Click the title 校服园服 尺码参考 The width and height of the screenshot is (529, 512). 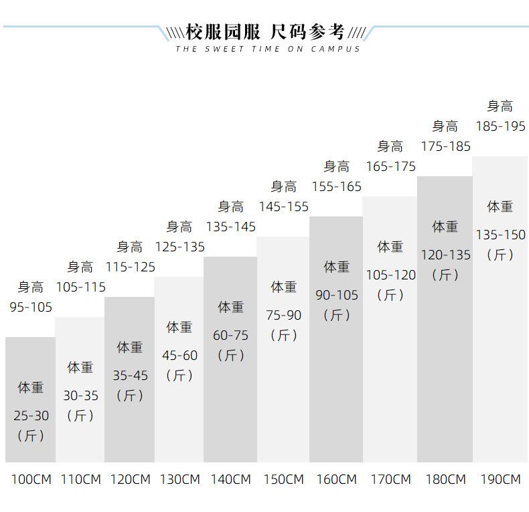[x=265, y=32]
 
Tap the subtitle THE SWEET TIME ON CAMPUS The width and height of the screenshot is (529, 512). [x=268, y=49]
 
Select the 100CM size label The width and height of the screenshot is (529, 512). [x=31, y=479]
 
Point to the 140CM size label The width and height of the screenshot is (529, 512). [x=231, y=479]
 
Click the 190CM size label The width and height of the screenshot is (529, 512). [x=501, y=479]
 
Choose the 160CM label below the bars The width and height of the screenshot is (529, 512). [x=336, y=479]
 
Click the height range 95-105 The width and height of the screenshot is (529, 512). [x=31, y=307]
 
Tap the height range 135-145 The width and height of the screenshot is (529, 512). [x=231, y=227]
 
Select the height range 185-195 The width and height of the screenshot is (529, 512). [x=501, y=126]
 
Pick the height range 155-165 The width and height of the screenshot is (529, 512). [x=336, y=186]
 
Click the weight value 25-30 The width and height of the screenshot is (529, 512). [x=31, y=415]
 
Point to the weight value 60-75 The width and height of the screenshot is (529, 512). [x=231, y=335]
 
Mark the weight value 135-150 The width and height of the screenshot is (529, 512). [x=501, y=235]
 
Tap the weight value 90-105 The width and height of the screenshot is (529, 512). [x=337, y=295]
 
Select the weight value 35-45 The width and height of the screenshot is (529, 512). [x=130, y=375]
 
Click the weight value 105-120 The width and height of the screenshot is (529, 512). [x=391, y=275]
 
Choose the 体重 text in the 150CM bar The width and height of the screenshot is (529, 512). [x=283, y=287]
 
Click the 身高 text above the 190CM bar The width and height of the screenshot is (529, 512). [x=500, y=106]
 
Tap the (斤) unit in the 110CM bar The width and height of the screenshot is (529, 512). [x=80, y=415]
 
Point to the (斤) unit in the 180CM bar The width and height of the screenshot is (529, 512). [x=445, y=275]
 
